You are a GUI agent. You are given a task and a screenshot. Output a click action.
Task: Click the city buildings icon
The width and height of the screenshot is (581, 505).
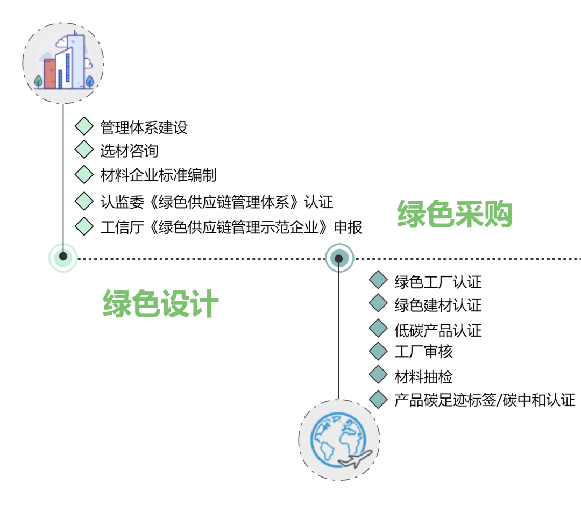click(63, 63)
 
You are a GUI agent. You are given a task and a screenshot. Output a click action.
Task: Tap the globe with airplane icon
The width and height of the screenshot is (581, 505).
click(339, 440)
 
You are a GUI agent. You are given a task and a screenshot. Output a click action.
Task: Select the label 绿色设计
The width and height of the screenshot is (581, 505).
click(161, 304)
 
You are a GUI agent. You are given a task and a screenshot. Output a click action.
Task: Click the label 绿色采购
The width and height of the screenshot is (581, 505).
click(455, 214)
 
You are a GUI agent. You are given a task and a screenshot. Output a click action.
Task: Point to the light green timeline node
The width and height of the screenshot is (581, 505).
click(63, 257)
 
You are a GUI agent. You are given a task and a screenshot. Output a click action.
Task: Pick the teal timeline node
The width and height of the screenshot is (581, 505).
click(339, 259)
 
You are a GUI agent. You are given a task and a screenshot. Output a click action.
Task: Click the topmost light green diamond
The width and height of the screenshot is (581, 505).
click(84, 126)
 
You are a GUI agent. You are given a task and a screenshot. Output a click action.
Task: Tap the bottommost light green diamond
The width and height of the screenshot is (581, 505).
click(84, 226)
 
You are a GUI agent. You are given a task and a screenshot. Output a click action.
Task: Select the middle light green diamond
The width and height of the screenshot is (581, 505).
click(84, 174)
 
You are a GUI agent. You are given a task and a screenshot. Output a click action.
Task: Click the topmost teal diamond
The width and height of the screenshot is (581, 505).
click(378, 280)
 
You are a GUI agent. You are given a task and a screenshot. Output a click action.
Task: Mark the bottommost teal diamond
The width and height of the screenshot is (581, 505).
click(378, 399)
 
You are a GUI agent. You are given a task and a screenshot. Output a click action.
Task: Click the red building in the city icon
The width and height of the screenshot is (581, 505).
click(50, 74)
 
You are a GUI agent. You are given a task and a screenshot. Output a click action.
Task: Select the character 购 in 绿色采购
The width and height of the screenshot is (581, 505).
click(498, 214)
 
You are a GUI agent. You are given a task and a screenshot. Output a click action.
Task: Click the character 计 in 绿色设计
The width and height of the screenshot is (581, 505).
click(205, 304)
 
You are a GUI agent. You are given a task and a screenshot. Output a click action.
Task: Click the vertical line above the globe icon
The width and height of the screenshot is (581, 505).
click(338, 333)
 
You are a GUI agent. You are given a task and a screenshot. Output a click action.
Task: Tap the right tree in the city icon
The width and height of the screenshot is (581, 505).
click(89, 81)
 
